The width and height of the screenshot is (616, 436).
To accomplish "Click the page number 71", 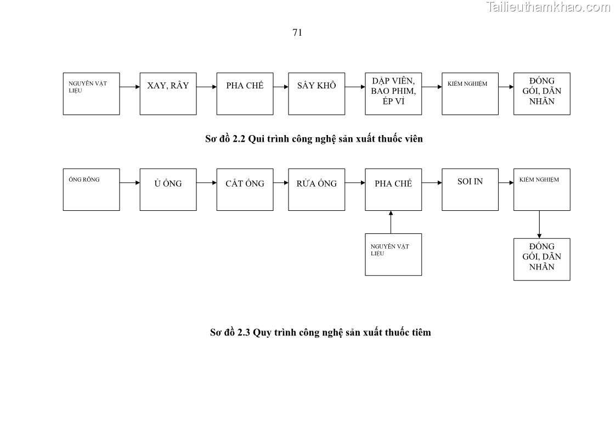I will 297,32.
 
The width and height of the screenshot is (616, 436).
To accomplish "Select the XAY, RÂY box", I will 168,93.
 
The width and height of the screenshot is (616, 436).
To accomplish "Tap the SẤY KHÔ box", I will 317,93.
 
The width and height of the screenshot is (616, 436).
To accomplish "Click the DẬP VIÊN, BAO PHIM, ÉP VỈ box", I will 393,93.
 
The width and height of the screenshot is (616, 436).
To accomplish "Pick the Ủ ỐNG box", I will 168,189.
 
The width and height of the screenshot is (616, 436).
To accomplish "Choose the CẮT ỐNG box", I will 245,189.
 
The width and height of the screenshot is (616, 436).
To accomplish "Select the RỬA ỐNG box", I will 317,189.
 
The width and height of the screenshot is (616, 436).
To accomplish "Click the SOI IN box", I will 470,189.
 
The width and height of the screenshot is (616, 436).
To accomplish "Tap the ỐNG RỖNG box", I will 91,189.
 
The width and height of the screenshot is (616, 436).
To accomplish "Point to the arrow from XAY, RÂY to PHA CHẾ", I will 206,87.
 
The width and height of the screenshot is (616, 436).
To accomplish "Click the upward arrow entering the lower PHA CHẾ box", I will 391,222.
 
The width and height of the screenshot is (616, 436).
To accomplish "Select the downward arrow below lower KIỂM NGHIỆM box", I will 539,224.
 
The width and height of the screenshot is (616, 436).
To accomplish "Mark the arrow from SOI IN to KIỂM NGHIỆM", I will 506,183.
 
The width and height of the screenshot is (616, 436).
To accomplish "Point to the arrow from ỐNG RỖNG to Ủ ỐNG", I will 129,183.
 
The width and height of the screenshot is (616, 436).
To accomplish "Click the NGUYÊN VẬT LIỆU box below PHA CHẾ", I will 393,254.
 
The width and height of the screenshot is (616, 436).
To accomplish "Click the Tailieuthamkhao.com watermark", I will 547,7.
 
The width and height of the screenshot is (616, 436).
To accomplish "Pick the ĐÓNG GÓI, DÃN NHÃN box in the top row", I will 541,93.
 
